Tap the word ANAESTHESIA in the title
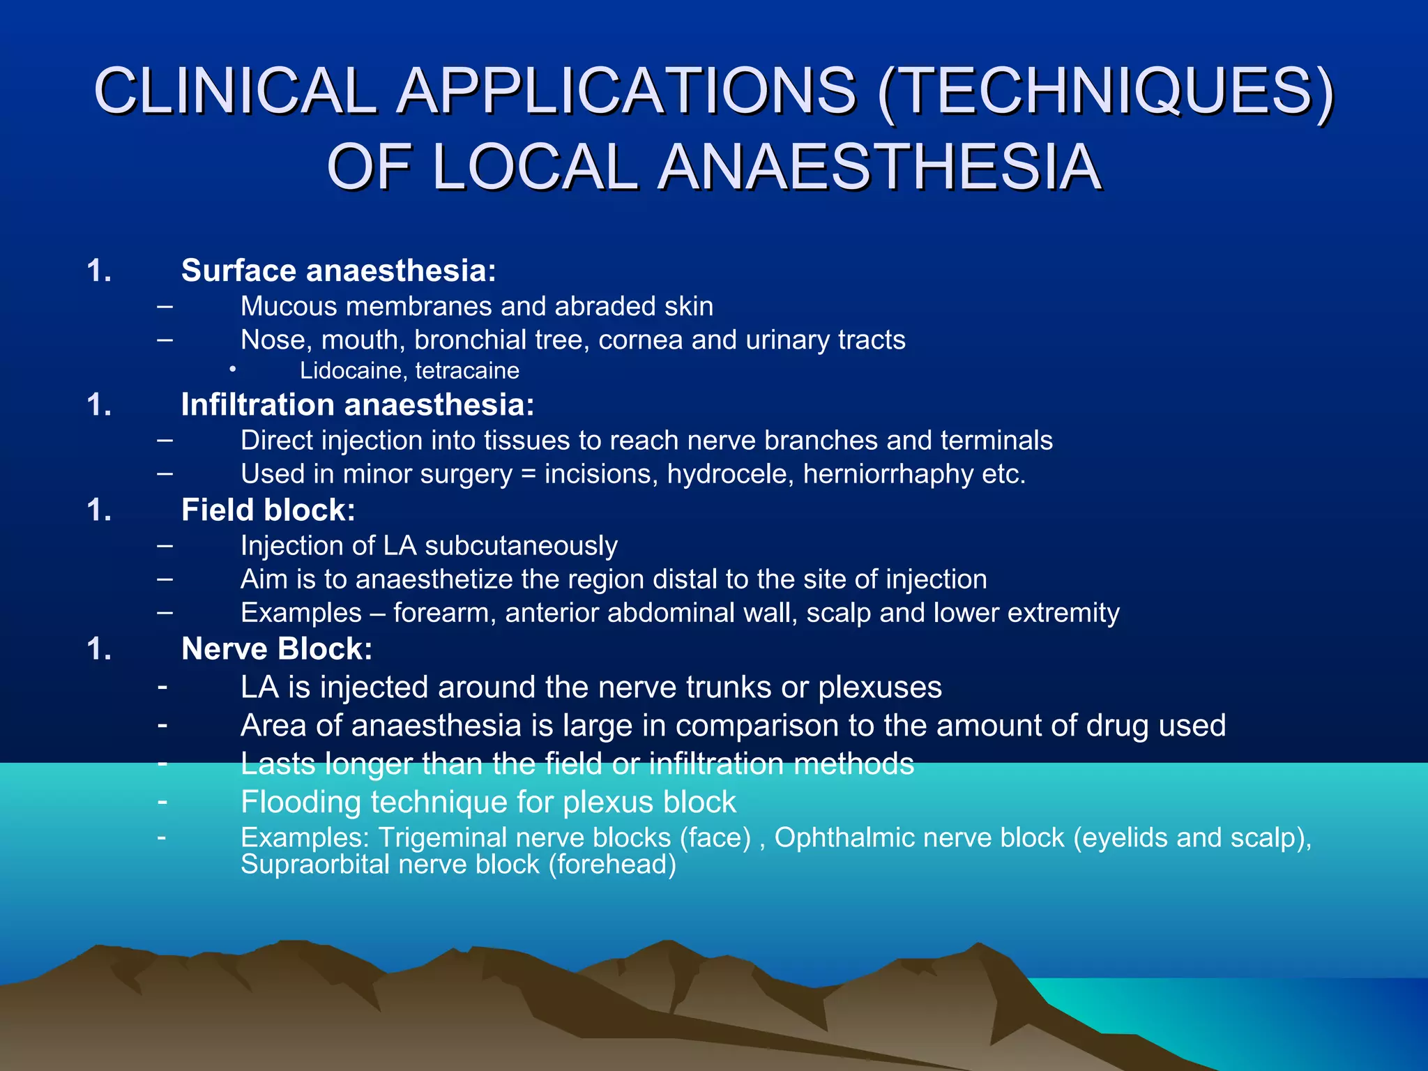coord(880,167)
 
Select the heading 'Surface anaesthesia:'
coord(338,271)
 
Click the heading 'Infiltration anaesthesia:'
coord(358,404)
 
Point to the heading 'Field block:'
coord(268,510)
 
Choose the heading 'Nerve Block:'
coord(277,648)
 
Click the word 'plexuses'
coord(880,688)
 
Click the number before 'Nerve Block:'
coord(99,649)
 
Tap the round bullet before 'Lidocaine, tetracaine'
coord(232,369)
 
